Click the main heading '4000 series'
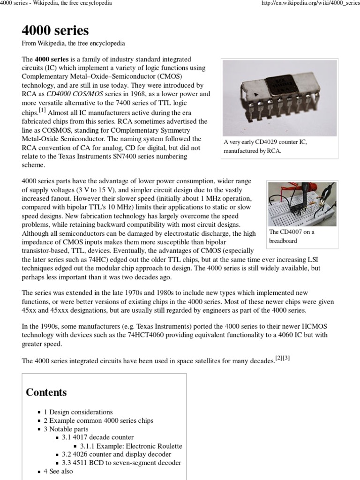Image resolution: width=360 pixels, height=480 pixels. [55, 31]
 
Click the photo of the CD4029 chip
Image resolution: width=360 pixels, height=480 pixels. [279, 98]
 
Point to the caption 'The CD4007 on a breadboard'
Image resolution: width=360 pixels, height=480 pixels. [291, 236]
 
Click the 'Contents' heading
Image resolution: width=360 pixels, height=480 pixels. [46, 392]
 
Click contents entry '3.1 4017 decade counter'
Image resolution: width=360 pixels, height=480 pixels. [97, 437]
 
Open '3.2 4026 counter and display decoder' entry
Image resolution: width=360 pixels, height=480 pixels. [116, 454]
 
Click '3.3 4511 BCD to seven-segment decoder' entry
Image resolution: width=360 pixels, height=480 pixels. [121, 463]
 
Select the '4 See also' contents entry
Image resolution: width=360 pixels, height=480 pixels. [59, 471]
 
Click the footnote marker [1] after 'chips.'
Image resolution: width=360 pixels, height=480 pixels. [43, 111]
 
